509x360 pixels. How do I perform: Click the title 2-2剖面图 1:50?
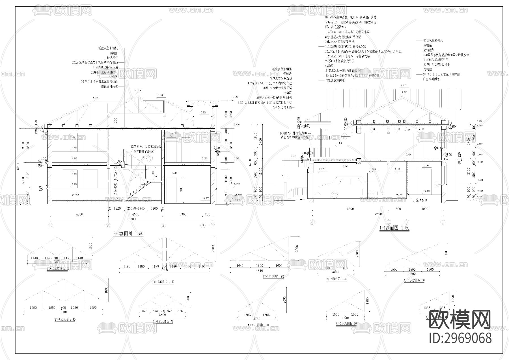point(128,234)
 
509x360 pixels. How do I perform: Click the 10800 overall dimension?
point(377,214)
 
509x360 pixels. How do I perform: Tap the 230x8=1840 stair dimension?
point(136,208)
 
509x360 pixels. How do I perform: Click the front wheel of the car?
point(335,195)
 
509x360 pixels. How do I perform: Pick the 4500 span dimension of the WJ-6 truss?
point(412,273)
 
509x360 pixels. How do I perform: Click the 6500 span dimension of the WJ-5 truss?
point(63,312)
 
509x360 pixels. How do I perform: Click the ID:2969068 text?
point(460,338)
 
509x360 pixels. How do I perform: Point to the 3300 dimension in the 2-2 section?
point(183,214)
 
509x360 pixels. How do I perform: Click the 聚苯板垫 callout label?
point(421,200)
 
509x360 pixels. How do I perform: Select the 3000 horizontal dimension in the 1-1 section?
point(425,209)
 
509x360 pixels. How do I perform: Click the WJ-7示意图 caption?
point(346,324)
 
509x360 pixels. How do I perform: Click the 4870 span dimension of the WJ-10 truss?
point(57,262)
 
